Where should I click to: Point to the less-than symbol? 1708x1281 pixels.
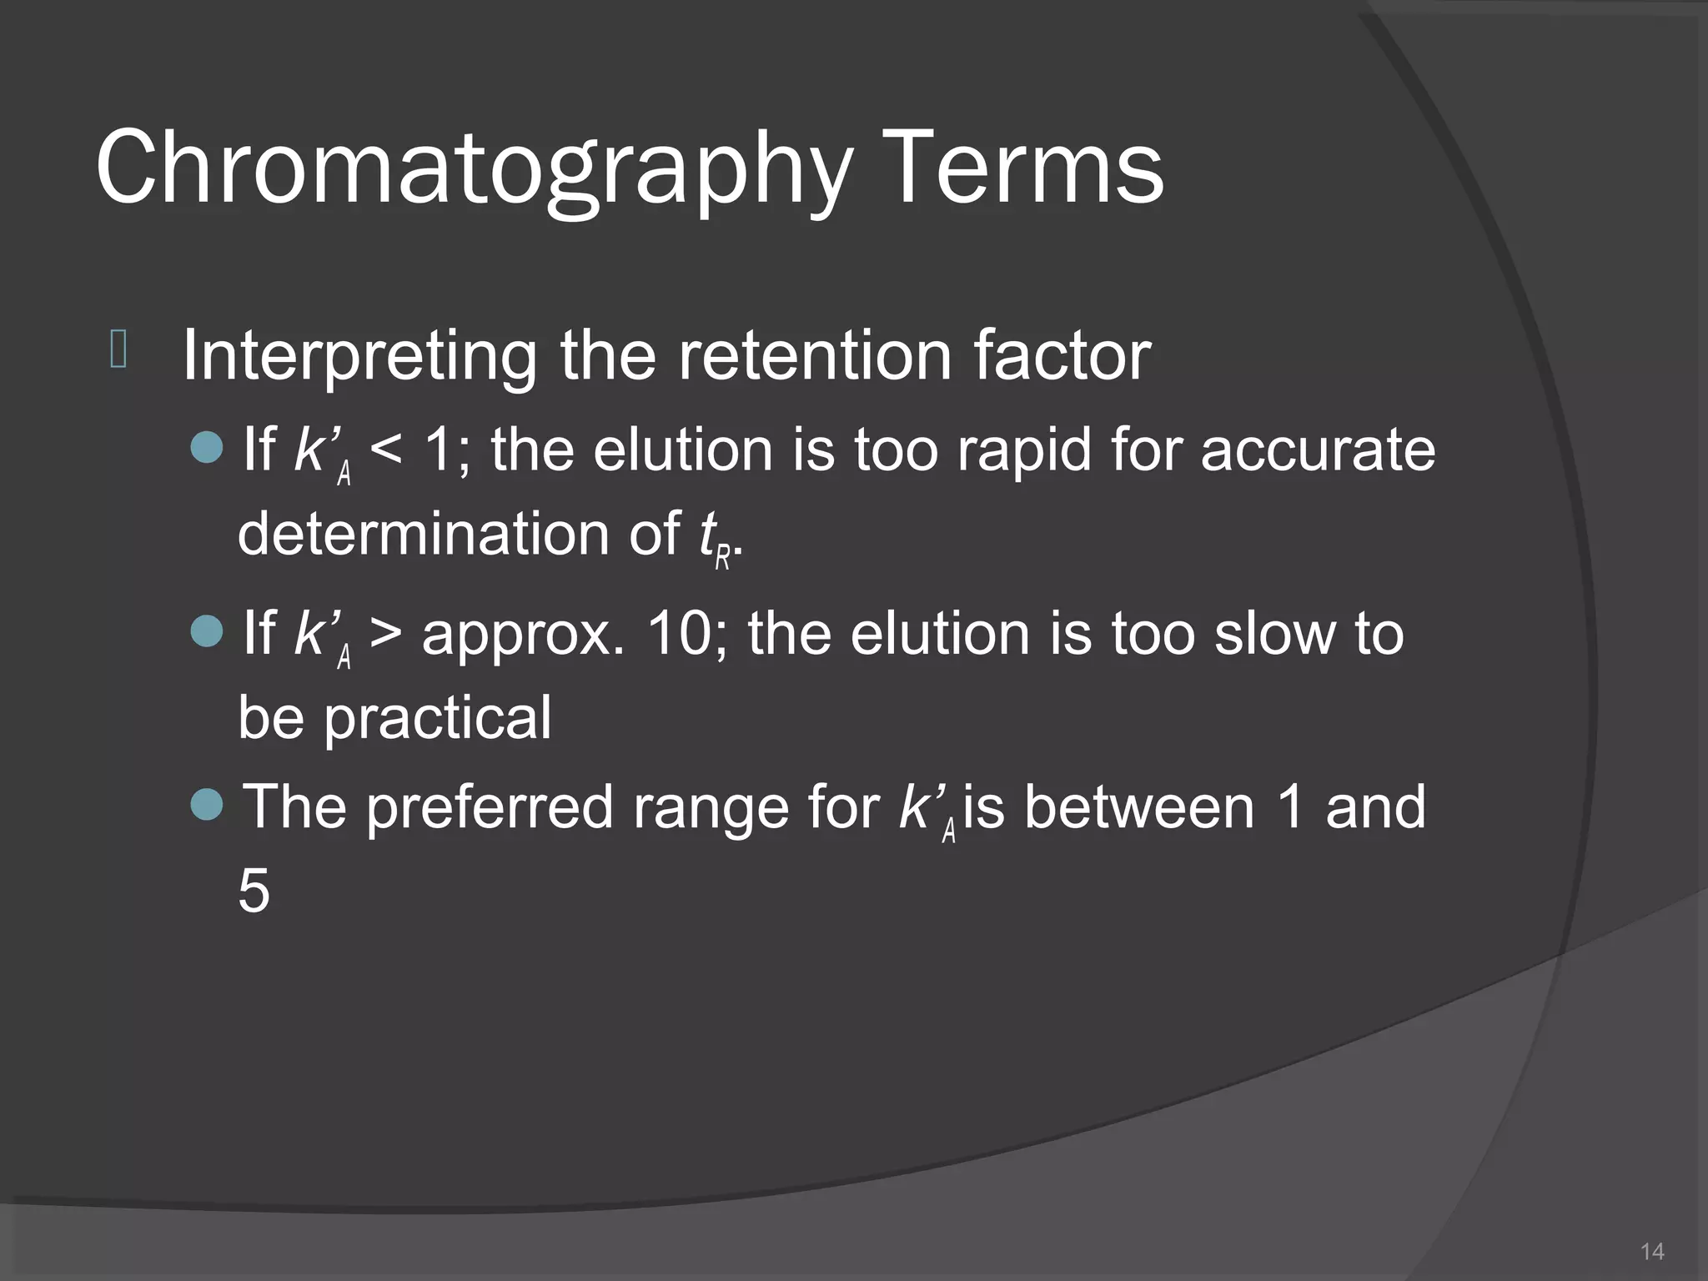point(385,451)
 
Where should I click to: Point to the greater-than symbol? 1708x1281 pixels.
point(385,634)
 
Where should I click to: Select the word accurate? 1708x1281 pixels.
point(1318,450)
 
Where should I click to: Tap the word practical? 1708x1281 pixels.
point(437,718)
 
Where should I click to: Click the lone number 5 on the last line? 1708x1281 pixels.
point(254,891)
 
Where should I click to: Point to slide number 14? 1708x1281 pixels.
point(1652,1251)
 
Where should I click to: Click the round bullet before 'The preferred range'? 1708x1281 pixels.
point(207,805)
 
